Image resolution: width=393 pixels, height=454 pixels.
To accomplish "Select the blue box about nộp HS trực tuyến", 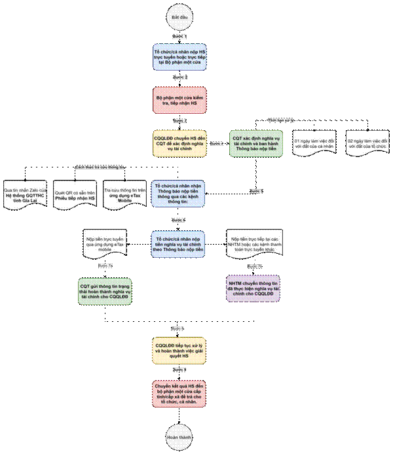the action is pyautogui.click(x=179, y=58).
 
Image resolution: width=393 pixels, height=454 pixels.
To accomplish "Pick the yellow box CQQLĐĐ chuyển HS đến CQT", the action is pyautogui.click(x=179, y=142).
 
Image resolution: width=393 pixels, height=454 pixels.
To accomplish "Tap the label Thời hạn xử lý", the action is pyautogui.click(x=281, y=121).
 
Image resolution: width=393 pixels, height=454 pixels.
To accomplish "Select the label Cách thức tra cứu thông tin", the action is pyautogui.click(x=100, y=167).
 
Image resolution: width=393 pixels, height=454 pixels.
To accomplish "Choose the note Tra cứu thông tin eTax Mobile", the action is pyautogui.click(x=124, y=194).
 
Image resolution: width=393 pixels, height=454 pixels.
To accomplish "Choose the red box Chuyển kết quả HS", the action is pyautogui.click(x=179, y=394).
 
